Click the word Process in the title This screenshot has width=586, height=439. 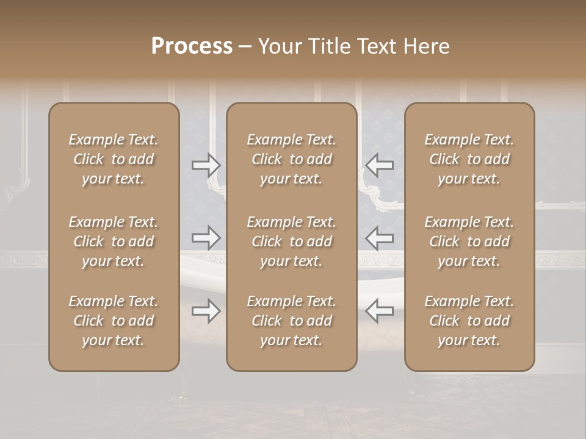click(x=192, y=46)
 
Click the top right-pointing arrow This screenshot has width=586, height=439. click(x=206, y=165)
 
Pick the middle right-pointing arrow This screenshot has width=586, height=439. click(x=206, y=238)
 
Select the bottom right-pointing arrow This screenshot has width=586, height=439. click(x=206, y=311)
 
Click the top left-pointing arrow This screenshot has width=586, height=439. click(x=380, y=165)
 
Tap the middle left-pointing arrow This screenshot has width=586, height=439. click(x=380, y=238)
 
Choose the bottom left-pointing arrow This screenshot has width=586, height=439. click(x=380, y=311)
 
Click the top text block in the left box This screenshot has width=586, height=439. click(x=114, y=159)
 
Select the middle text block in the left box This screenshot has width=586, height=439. click(x=114, y=241)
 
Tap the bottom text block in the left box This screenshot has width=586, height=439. click(x=114, y=321)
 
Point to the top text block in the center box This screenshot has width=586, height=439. click(x=291, y=159)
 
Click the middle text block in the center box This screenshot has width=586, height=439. click(x=291, y=241)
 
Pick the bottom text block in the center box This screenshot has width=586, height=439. click(x=291, y=321)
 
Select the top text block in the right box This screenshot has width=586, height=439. click(x=469, y=159)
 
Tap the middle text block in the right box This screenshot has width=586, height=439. click(x=469, y=241)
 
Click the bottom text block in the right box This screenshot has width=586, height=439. click(x=469, y=321)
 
